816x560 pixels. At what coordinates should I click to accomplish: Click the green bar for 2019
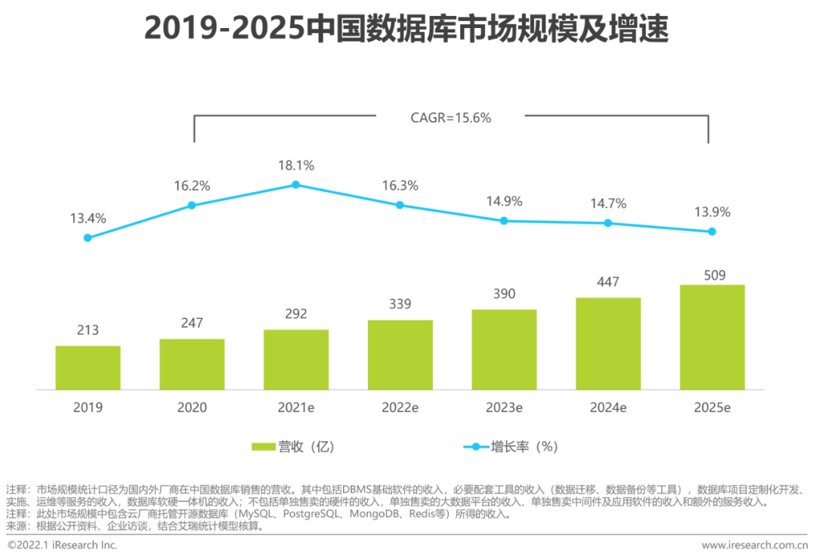click(x=88, y=368)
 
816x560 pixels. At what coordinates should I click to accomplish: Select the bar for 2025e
click(x=712, y=337)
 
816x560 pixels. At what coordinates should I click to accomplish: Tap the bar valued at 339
click(x=400, y=355)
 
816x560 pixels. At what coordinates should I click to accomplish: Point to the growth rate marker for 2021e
click(x=296, y=184)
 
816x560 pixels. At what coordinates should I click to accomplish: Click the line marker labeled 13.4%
click(x=88, y=237)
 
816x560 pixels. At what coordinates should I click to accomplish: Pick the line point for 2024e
click(x=608, y=223)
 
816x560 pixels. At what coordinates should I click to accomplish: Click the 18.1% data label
click(x=296, y=166)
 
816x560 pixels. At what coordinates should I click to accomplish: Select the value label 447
click(x=608, y=282)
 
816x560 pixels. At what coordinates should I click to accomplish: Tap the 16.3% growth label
click(x=400, y=186)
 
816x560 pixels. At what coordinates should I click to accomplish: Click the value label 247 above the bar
click(x=192, y=323)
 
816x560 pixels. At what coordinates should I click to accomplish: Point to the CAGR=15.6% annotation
click(x=451, y=117)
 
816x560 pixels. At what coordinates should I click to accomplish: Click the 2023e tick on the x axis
click(x=504, y=407)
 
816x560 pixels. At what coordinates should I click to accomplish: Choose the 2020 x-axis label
click(x=192, y=407)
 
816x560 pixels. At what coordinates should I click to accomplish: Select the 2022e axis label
click(x=400, y=407)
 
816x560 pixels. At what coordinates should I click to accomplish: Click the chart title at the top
click(x=406, y=30)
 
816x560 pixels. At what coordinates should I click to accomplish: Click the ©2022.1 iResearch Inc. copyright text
click(x=63, y=546)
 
